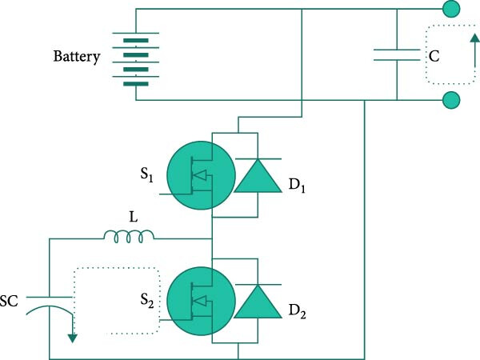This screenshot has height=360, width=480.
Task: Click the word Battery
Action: click(77, 57)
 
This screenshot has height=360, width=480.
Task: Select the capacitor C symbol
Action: click(397, 54)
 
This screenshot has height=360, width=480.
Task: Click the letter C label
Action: click(434, 56)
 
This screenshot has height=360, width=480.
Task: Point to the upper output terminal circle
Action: click(451, 9)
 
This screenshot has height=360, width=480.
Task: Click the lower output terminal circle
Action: click(451, 100)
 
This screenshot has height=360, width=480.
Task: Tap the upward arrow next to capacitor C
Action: click(474, 50)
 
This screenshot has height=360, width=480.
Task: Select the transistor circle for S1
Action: click(201, 175)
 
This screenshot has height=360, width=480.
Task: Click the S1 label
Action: click(146, 175)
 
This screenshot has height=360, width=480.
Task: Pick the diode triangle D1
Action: click(258, 176)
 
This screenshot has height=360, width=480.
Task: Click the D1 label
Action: click(297, 186)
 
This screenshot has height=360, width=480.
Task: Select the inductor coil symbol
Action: click(129, 236)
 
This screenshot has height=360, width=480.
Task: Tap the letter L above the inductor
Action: click(133, 218)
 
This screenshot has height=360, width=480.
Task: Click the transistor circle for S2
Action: click(201, 302)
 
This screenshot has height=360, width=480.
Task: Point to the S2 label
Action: click(147, 300)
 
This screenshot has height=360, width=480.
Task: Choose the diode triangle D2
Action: click(258, 302)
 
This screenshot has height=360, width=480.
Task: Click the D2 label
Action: click(298, 312)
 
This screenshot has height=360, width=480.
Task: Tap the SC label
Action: click(9, 302)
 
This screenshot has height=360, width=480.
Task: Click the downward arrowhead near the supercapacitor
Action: click(73, 338)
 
